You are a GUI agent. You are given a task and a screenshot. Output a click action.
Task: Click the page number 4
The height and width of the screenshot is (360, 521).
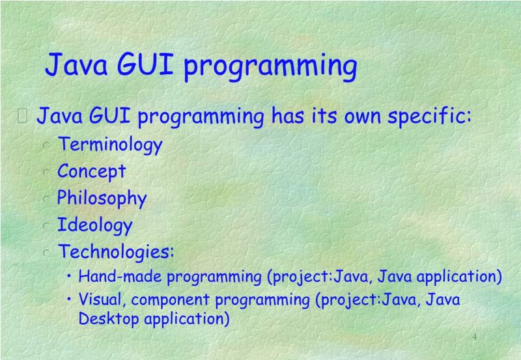click(474, 337)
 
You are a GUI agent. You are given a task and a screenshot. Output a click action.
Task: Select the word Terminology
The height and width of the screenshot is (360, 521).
click(109, 145)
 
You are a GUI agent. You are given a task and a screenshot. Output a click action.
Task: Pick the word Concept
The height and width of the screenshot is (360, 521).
click(91, 171)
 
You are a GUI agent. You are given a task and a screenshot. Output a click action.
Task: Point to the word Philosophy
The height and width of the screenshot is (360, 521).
click(102, 198)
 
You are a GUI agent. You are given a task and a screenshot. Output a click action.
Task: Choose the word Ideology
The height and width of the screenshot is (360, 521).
click(95, 225)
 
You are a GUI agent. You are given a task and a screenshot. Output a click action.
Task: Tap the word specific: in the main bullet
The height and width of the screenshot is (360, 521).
click(429, 118)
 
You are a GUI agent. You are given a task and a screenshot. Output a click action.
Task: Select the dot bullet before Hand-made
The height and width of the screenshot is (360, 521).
click(70, 276)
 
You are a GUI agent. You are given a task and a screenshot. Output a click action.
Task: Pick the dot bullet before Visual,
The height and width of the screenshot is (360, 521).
click(70, 299)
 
